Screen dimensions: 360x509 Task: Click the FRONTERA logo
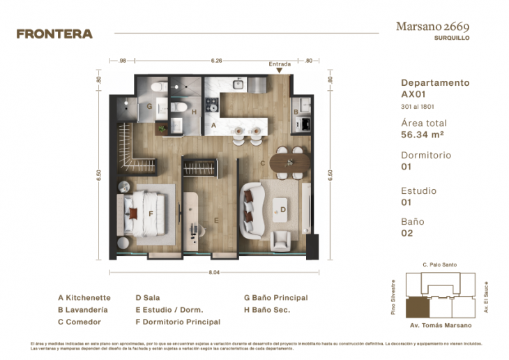coord(54,33)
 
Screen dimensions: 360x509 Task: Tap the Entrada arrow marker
coord(280,70)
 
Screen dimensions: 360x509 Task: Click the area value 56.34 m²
coord(423,135)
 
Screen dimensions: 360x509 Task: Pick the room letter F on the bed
coord(150,214)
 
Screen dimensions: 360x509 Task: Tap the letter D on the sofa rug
coord(283,208)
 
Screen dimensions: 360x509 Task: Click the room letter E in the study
coord(217,221)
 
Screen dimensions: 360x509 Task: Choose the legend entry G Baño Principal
coord(275,297)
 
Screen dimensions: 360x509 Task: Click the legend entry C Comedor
coord(79,322)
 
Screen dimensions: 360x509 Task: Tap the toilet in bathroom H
coord(178,107)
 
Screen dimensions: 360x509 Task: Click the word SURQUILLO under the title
coord(452,38)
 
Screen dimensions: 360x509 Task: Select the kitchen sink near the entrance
coord(238,84)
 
